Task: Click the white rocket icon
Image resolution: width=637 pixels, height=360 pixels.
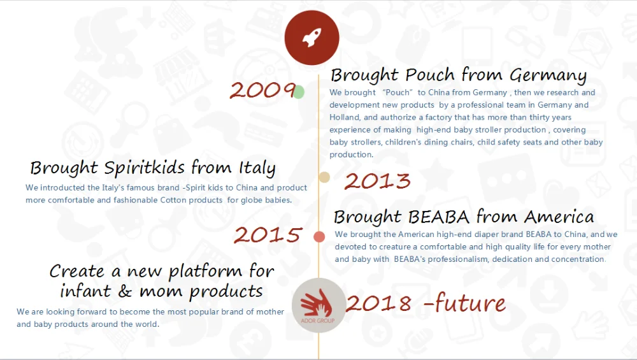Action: point(311,38)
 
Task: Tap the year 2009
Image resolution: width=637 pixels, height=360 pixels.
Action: point(262,90)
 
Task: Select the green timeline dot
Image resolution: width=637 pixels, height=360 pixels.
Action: point(299,92)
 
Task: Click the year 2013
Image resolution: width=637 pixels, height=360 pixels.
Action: point(377,181)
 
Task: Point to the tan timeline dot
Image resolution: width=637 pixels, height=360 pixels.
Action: point(324,177)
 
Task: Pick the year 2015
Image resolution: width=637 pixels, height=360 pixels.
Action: point(268,235)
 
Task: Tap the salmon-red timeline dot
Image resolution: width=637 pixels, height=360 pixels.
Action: point(319,236)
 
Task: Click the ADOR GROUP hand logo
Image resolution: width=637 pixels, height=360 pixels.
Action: point(318,306)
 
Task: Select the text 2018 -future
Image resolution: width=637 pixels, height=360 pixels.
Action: point(426,303)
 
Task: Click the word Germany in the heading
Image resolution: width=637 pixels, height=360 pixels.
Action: point(548,75)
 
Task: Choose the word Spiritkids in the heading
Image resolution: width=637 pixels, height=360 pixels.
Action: point(144,168)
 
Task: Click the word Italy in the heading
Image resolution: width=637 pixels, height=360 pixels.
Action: point(257,168)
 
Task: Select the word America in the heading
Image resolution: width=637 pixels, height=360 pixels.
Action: point(559,217)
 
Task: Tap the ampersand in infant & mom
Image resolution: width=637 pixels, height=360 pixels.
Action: point(125,291)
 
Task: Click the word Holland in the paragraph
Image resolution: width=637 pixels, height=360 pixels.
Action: point(345,117)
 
